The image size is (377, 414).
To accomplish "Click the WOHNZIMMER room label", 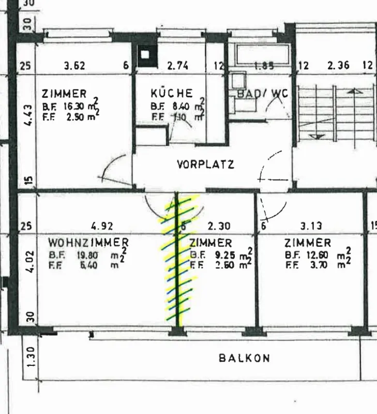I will (x=88, y=242).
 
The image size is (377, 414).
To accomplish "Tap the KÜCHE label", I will (x=172, y=93).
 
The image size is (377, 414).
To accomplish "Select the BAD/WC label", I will (x=262, y=94).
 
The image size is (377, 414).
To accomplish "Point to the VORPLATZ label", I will (x=205, y=165).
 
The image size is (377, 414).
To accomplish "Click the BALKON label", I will (x=244, y=358).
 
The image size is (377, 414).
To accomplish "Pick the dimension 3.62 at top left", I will (x=74, y=66).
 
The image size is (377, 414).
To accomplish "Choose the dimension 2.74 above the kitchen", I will (x=177, y=66).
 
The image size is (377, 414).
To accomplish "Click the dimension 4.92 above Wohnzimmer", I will (x=101, y=226).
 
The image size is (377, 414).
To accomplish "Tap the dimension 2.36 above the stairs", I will (x=338, y=66).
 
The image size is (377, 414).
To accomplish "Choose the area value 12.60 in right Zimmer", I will (x=314, y=255).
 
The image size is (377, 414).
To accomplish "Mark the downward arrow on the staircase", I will (x=317, y=136).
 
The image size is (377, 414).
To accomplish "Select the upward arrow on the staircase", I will (x=355, y=92).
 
